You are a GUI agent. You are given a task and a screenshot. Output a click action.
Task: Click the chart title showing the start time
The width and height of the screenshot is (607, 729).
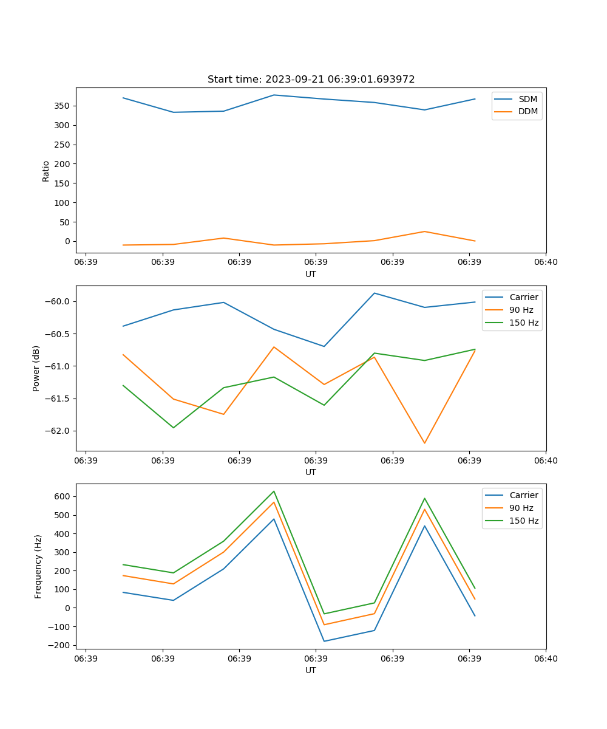click(x=311, y=80)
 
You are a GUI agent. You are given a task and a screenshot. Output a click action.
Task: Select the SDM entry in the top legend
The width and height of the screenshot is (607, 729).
click(x=527, y=99)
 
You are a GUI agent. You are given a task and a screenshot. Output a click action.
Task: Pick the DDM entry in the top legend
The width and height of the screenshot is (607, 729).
click(x=528, y=112)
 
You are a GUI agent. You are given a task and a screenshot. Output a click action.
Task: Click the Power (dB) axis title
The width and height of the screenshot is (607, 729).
click(x=36, y=368)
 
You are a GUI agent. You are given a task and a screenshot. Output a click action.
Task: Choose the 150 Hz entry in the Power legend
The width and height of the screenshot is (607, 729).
click(x=524, y=323)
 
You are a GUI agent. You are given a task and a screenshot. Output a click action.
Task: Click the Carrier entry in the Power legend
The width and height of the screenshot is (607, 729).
click(x=523, y=297)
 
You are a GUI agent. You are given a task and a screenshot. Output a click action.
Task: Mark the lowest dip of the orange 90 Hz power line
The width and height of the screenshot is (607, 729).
click(x=424, y=443)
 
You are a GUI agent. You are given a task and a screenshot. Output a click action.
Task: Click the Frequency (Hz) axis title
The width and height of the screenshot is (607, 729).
click(x=38, y=566)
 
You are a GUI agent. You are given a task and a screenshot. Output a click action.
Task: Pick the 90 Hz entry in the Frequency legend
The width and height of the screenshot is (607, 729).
click(x=521, y=508)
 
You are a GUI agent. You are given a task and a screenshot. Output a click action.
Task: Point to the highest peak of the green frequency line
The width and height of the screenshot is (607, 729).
click(x=274, y=491)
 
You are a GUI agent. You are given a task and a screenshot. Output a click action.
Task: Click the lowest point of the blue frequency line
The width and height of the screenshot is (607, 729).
click(x=324, y=641)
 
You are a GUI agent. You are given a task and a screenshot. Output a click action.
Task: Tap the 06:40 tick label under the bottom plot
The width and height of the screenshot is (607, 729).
click(x=546, y=659)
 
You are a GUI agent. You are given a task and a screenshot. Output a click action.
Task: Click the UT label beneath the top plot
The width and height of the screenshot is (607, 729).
click(x=311, y=274)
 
